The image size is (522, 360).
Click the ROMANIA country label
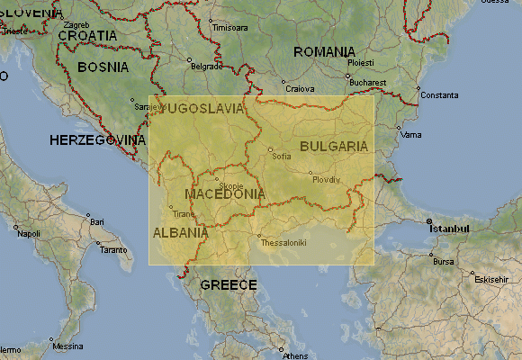click(324, 52)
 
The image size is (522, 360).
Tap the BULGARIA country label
click(334, 146)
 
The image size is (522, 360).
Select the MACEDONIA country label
click(224, 193)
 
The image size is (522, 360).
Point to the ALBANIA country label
click(180, 232)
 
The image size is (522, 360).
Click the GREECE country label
click(229, 285)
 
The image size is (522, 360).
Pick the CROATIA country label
click(87, 35)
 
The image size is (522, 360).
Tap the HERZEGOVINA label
click(97, 140)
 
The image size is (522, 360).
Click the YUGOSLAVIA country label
click(200, 108)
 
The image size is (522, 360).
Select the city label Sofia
click(282, 156)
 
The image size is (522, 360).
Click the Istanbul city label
click(450, 229)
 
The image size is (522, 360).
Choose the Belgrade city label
click(206, 67)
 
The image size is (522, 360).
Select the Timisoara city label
click(229, 28)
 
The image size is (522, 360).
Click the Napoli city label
click(29, 234)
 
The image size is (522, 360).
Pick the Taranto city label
click(113, 249)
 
